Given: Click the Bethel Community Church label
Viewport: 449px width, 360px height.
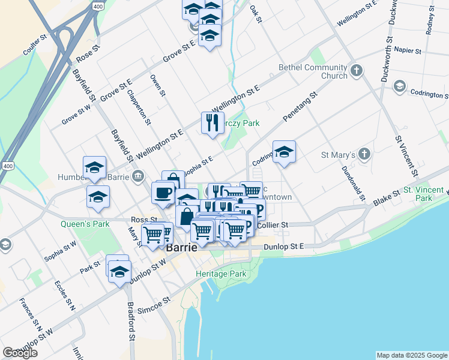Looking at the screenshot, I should point(313,71).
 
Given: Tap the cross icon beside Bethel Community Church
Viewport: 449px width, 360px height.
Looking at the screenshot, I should point(357,71).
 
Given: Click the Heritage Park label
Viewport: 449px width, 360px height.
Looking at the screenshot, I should point(221,274).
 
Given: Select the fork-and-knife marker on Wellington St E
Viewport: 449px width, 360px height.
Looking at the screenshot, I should point(212,123).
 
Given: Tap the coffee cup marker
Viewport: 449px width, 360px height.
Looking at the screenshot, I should point(163,193).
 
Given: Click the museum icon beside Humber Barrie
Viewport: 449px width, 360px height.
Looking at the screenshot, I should point(138,176).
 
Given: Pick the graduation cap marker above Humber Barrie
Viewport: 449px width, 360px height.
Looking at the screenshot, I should point(94,168).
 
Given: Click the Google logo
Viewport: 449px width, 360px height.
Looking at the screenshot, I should point(20,353).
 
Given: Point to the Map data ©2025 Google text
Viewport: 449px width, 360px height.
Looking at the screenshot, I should point(412,355).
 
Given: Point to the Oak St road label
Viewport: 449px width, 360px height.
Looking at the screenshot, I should point(256,16).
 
